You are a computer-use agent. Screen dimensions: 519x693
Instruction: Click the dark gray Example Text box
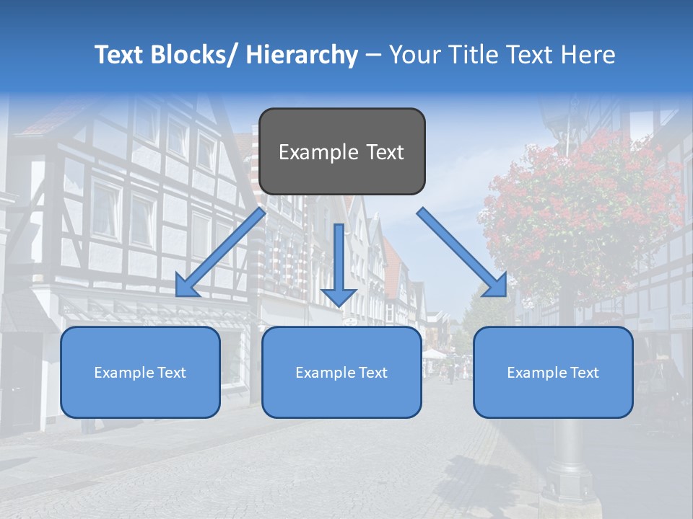pos(341,151)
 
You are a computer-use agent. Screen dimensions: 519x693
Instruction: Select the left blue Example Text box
pos(140,372)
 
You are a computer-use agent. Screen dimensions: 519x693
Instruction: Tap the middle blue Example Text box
pos(341,372)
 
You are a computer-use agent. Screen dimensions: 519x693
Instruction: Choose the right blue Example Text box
pos(553,372)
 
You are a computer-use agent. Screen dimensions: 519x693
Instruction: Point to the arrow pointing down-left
pos(221,252)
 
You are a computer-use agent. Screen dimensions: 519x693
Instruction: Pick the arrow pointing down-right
pos(462,252)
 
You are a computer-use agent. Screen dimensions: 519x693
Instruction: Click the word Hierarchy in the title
pos(302,55)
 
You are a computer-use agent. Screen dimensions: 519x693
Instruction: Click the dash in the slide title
pos(373,55)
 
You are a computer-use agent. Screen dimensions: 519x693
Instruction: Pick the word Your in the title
pos(414,55)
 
